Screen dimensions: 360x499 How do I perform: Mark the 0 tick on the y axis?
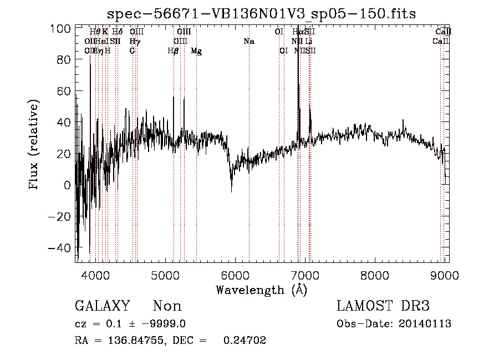tap(67, 185)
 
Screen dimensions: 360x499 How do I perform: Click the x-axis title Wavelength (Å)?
tap(261, 290)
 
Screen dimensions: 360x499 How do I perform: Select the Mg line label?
tap(196, 51)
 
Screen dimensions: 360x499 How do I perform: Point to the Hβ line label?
tap(173, 51)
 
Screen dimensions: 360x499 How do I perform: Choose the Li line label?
tap(309, 42)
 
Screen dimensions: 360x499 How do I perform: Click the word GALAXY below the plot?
tap(102, 306)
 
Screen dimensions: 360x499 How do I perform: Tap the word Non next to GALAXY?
tap(167, 306)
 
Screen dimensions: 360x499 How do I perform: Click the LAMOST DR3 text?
tap(383, 306)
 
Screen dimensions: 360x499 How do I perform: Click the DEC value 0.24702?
tap(244, 341)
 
